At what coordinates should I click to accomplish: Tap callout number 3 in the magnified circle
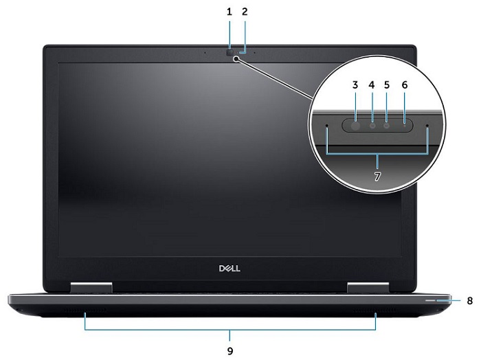click(x=355, y=85)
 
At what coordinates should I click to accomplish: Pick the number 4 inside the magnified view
click(x=371, y=85)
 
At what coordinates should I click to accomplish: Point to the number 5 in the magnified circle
click(x=387, y=85)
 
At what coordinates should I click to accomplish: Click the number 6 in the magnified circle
click(x=404, y=85)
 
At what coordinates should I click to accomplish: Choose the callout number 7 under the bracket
click(x=377, y=176)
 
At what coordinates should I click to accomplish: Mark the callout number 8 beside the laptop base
click(x=469, y=300)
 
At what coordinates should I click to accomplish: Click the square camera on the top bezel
click(x=230, y=52)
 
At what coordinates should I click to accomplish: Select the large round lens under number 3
click(x=355, y=126)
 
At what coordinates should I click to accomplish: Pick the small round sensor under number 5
click(x=387, y=126)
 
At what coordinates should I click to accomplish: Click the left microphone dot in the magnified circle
click(x=326, y=126)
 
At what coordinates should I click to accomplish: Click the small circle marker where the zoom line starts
click(x=236, y=60)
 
